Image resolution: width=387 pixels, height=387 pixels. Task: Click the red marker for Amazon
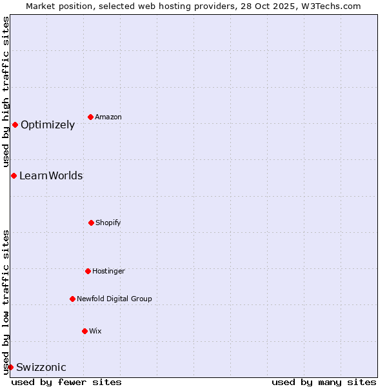(90, 117)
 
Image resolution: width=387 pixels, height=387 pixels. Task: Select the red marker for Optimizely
(15, 124)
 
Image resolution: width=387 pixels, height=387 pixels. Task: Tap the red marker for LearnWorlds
(14, 175)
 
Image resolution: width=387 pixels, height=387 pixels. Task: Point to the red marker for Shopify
(91, 223)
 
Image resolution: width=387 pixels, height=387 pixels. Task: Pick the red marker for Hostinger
(88, 271)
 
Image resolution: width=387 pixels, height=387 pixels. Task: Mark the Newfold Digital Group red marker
(72, 299)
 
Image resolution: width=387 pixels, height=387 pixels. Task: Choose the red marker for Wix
(84, 331)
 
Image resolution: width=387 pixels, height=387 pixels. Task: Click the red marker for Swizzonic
(10, 367)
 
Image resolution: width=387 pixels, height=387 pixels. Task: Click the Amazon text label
(108, 117)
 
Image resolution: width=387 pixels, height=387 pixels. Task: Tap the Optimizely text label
(48, 125)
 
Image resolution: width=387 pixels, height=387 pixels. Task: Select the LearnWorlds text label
(51, 175)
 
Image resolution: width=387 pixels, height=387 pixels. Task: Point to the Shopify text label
(108, 223)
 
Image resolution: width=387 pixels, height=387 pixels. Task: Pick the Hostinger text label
(108, 271)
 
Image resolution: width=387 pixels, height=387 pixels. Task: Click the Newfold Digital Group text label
(114, 299)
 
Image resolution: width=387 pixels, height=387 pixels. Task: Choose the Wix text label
(95, 331)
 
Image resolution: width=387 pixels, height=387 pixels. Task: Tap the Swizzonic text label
(41, 368)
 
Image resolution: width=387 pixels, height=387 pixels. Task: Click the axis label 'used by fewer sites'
(66, 382)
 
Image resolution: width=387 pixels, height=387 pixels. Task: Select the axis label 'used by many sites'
(324, 382)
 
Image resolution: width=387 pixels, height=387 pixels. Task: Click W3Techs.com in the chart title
(329, 6)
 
